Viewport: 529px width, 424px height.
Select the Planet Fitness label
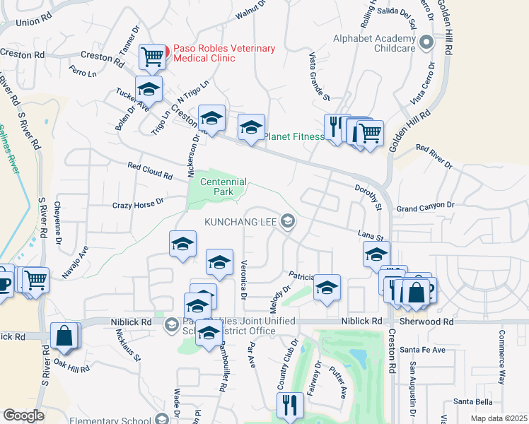[x=293, y=136]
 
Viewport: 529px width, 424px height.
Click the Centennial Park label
[x=223, y=187]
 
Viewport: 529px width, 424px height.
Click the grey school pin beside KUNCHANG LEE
[x=287, y=222]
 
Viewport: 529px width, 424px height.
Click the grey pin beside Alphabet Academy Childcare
[x=426, y=43]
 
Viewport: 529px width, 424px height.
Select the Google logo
[x=23, y=416]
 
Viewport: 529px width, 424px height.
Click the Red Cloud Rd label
[x=150, y=168]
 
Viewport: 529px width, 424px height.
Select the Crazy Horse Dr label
[x=138, y=203]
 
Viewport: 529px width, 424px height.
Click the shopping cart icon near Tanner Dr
[x=152, y=57]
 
